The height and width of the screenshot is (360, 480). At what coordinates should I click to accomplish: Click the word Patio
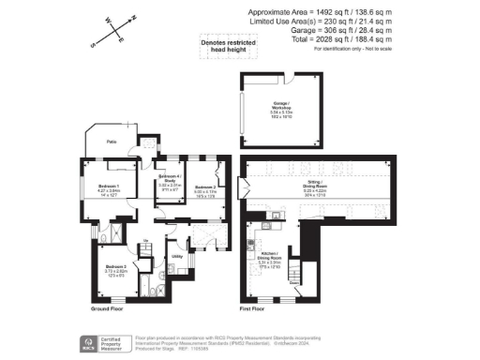click(x=111, y=142)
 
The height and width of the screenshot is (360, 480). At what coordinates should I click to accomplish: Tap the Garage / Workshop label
click(x=282, y=110)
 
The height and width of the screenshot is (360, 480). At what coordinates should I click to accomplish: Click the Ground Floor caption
click(x=109, y=308)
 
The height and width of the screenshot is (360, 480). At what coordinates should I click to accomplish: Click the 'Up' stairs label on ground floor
click(x=146, y=242)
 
